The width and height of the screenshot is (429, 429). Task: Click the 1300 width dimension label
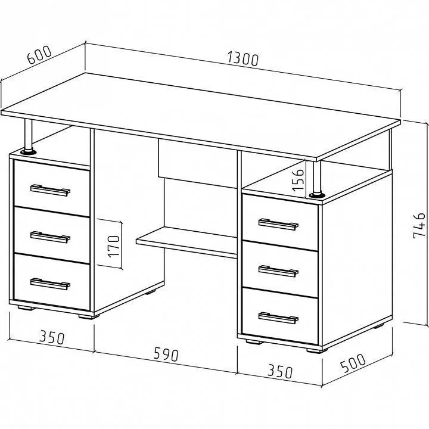click(243, 59)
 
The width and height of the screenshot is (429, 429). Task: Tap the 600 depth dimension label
click(39, 55)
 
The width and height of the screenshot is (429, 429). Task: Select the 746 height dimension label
click(419, 225)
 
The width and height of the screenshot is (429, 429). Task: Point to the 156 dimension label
click(298, 180)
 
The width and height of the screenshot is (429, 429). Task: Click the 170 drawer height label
click(114, 246)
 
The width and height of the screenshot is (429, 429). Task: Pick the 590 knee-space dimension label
click(166, 354)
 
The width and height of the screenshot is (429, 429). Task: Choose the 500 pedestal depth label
click(353, 363)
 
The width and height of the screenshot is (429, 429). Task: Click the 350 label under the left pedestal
click(52, 337)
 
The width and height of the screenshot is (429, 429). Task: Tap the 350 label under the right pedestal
click(280, 371)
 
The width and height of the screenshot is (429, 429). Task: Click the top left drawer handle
click(50, 190)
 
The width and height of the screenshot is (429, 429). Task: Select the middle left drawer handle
click(50, 237)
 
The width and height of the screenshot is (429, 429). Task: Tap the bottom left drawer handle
click(50, 284)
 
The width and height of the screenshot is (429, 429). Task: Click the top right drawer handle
click(278, 225)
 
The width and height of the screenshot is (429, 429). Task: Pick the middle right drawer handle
click(278, 271)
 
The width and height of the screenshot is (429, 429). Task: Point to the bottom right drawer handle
click(278, 318)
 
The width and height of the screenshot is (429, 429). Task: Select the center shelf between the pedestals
click(186, 242)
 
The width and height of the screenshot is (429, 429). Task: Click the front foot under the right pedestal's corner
click(317, 350)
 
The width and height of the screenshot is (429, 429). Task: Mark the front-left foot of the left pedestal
click(26, 308)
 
